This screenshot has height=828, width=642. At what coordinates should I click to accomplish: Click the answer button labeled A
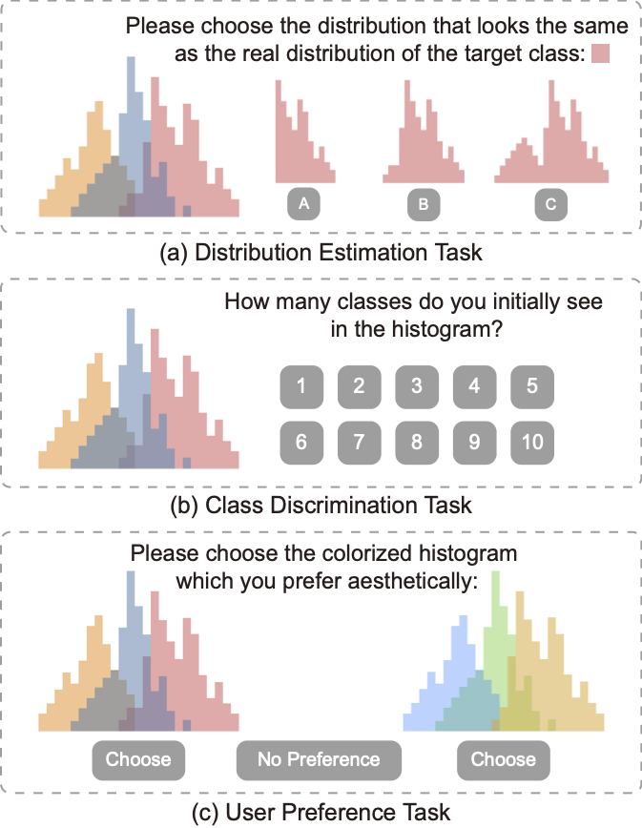(x=303, y=203)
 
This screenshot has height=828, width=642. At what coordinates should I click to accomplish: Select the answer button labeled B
(x=424, y=203)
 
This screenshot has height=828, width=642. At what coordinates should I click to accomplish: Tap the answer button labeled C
(x=550, y=203)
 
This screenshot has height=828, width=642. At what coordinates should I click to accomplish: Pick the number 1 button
(x=300, y=386)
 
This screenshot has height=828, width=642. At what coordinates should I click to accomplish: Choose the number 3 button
(x=417, y=386)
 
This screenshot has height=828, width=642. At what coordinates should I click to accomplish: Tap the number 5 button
(x=532, y=386)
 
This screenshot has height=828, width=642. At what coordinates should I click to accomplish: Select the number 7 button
(x=359, y=443)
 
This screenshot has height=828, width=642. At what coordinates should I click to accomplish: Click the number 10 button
(x=532, y=443)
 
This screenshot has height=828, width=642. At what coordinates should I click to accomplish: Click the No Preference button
(x=319, y=760)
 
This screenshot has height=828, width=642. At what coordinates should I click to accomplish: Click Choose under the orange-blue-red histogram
(x=138, y=760)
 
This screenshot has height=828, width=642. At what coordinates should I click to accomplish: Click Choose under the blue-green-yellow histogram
(x=503, y=760)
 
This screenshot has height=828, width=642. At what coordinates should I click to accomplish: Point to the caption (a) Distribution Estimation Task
(x=321, y=253)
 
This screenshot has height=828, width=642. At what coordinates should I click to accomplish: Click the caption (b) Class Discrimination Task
(x=321, y=503)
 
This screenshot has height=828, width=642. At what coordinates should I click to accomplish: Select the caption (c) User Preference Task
(x=321, y=812)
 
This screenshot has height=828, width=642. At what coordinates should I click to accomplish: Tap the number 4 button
(x=474, y=386)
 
